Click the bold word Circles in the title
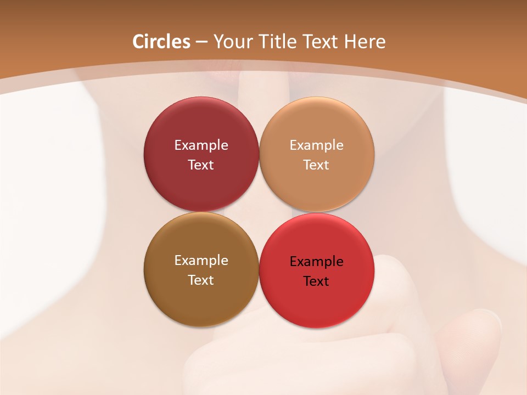(x=161, y=42)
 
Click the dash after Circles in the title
(x=201, y=42)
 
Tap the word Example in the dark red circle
(x=201, y=145)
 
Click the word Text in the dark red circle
(x=201, y=165)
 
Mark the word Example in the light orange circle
(x=316, y=145)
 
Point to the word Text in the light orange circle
(x=316, y=165)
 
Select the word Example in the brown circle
(x=201, y=260)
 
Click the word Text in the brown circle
(x=201, y=280)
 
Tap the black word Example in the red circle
(x=316, y=261)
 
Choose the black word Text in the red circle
(x=316, y=281)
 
